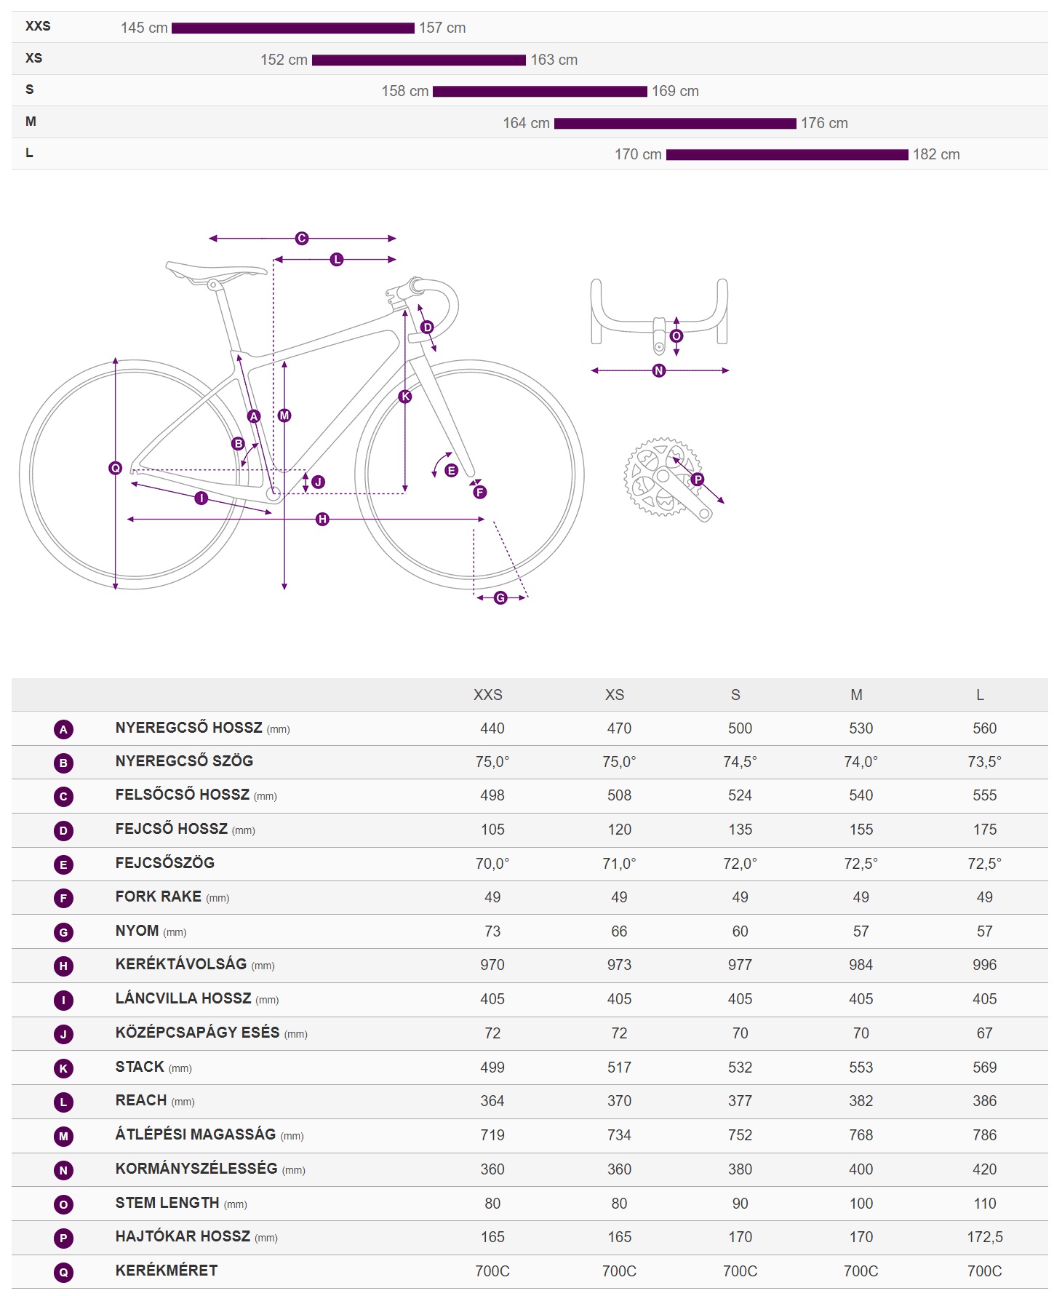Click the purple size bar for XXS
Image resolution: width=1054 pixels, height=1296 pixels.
[292, 28]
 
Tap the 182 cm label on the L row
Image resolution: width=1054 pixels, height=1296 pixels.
[936, 154]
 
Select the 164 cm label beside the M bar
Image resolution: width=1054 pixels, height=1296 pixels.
[526, 123]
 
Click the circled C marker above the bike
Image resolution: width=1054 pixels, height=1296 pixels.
[302, 238]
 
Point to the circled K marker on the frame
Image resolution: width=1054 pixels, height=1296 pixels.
[405, 397]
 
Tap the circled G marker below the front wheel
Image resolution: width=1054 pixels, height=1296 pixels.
[500, 597]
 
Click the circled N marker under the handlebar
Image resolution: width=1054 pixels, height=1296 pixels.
[659, 370]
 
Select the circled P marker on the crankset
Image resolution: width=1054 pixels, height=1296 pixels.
[698, 479]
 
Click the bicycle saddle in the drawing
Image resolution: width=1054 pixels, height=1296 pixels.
[216, 271]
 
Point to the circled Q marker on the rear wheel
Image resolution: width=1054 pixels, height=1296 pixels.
[115, 468]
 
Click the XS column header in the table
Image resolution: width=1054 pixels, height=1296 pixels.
[615, 695]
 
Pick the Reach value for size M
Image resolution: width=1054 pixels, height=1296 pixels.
[861, 1101]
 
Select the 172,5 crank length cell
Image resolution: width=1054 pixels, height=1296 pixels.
[984, 1237]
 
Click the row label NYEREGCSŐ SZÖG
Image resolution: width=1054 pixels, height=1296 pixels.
[184, 761]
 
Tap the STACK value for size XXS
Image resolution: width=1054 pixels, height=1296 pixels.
[492, 1068]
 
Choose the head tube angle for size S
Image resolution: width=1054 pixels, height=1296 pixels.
[740, 864]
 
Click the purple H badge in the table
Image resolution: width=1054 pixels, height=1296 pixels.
[63, 966]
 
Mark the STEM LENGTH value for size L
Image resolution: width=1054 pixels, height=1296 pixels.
[984, 1204]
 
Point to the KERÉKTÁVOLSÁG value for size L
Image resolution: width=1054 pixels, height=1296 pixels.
[984, 965]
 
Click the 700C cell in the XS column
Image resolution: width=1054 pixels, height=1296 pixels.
[619, 1271]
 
